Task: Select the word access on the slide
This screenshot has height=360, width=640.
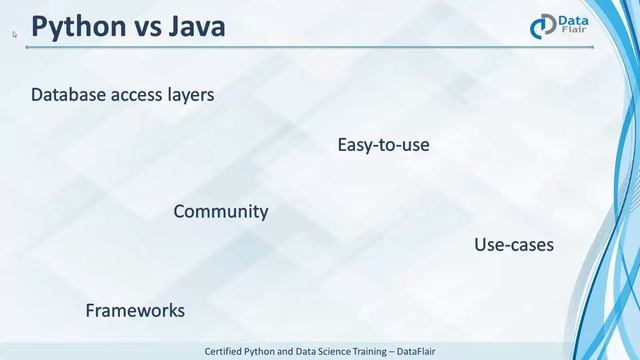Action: (140, 95)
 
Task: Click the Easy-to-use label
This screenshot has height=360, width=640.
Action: (383, 145)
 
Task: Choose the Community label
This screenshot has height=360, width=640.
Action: (220, 211)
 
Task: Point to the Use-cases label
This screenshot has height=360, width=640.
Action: (513, 244)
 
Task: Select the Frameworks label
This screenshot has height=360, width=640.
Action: (135, 310)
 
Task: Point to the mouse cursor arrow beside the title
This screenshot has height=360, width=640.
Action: (15, 34)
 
